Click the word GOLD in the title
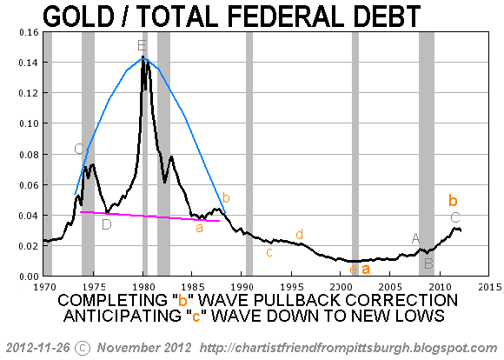[x=78, y=17]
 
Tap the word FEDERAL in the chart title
[x=284, y=17]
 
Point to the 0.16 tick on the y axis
[x=29, y=32]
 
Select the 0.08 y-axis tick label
[x=29, y=155]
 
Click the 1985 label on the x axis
[x=192, y=286]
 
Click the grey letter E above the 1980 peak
[x=142, y=45]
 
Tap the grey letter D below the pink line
[x=107, y=224]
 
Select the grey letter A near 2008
[x=415, y=239]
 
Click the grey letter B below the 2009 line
[x=428, y=263]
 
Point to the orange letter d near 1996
[x=299, y=234]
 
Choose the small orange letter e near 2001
[x=353, y=270]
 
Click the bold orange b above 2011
[x=453, y=200]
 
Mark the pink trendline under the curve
[x=149, y=217]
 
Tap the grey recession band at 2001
[x=355, y=154]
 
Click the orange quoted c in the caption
[x=196, y=316]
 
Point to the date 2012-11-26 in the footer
[x=38, y=348]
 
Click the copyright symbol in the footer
[x=83, y=348]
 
